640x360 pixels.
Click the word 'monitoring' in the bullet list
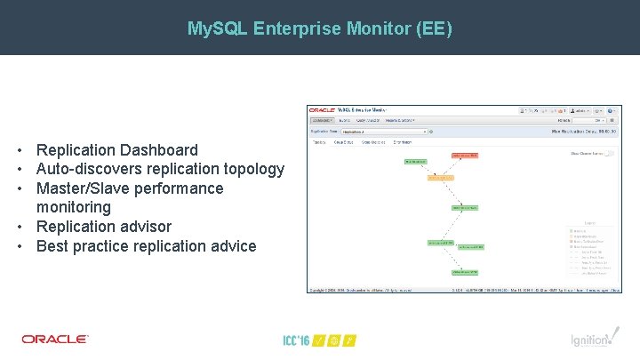pyautogui.click(x=74, y=207)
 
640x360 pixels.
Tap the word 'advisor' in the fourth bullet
pyautogui.click(x=142, y=227)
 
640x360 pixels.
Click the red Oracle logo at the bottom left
pyautogui.click(x=55, y=339)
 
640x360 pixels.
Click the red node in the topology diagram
pyautogui.click(x=464, y=156)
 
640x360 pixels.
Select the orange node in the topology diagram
pyautogui.click(x=441, y=177)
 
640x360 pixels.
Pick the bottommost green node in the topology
pyautogui.click(x=466, y=273)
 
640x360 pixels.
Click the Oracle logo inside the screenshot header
pyautogui.click(x=323, y=110)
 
